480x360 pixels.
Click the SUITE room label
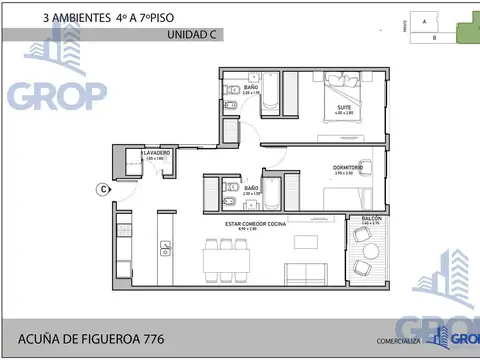click(x=343, y=108)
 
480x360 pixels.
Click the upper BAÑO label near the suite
click(x=251, y=88)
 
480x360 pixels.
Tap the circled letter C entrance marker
click(x=103, y=188)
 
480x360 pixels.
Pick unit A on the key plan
click(x=424, y=20)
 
